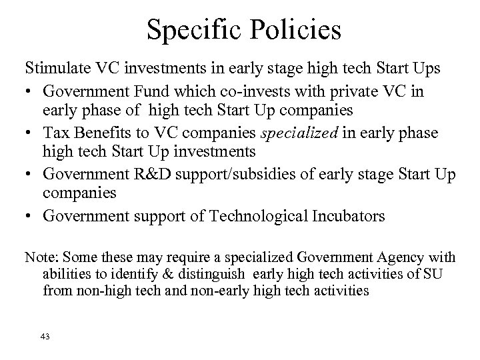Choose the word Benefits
pyautogui.click(x=103, y=133)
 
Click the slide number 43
pyautogui.click(x=45, y=337)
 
